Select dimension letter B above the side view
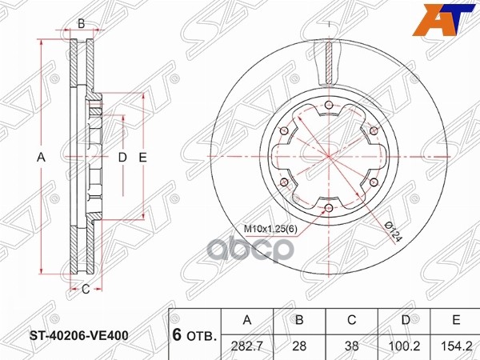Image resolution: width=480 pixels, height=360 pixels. click(x=82, y=24)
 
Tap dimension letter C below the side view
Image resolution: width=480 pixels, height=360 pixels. click(x=84, y=288)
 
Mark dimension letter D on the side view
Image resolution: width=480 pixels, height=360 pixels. click(x=122, y=158)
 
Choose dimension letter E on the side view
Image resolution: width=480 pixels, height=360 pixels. click(x=142, y=158)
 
